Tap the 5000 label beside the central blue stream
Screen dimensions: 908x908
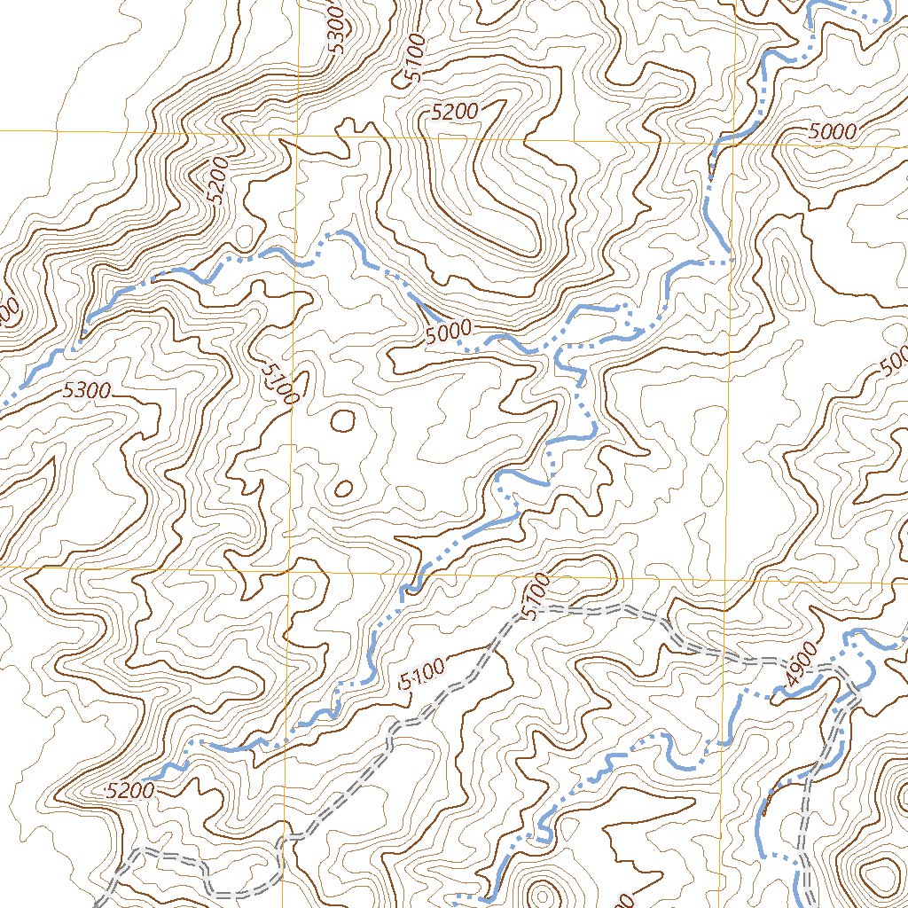point(447,333)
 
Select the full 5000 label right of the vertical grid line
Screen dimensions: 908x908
point(833,132)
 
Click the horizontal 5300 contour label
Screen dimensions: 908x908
point(86,389)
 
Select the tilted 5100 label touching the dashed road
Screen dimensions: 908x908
point(537,599)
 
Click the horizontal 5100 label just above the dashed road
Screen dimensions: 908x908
point(423,678)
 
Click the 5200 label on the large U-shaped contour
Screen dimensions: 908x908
point(455,112)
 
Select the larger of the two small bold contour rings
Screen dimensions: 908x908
point(342,419)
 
